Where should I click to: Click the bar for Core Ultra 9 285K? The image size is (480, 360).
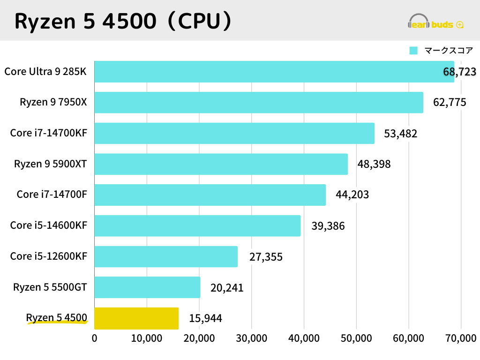pos(274,72)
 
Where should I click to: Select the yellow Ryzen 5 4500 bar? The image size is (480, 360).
pos(136,318)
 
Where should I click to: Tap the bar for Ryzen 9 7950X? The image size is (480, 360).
pos(259,102)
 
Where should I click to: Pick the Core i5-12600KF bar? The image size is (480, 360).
pos(166,256)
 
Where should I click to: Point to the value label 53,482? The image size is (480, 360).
pos(400,134)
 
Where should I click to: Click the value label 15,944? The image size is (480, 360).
pos(205,319)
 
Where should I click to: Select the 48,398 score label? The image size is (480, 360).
pos(374,164)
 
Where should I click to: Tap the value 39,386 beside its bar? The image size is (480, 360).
pos(328,226)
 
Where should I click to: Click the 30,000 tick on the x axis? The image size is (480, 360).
pos(251,338)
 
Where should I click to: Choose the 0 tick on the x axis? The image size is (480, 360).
pos(95,338)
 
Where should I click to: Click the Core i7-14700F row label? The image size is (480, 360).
pos(52,195)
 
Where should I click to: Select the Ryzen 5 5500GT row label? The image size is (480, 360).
pos(50,287)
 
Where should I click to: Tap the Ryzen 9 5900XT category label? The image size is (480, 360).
pos(50,164)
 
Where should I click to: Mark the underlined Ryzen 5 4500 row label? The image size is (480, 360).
pos(56,318)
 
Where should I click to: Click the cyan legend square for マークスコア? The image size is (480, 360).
pos(413,51)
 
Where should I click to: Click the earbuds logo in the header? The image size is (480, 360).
pos(435,23)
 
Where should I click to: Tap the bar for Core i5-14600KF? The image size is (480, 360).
pos(197,225)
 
